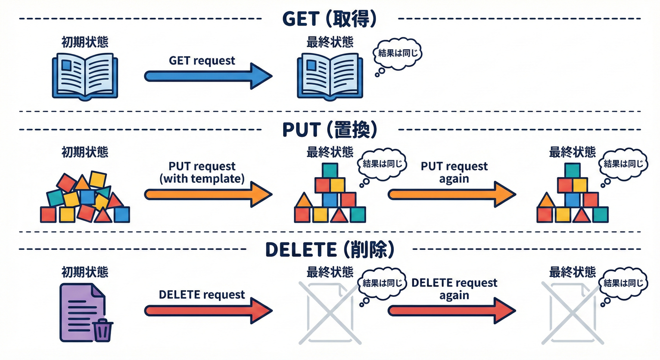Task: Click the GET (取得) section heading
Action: tap(330, 19)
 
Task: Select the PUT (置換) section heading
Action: tap(330, 130)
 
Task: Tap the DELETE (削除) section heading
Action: tap(330, 250)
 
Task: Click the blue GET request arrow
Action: tap(208, 76)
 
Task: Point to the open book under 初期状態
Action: tap(84, 76)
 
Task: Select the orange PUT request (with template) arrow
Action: tap(208, 194)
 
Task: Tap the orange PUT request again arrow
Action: tap(451, 194)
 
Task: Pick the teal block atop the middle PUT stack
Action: tap(330, 170)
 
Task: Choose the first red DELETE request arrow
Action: tap(208, 310)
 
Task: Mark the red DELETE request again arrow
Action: tap(451, 310)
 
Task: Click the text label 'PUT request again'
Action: tap(454, 172)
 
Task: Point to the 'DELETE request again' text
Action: tap(454, 289)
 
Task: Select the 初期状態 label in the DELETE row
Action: tap(85, 272)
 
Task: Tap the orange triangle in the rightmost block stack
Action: tap(545, 201)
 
